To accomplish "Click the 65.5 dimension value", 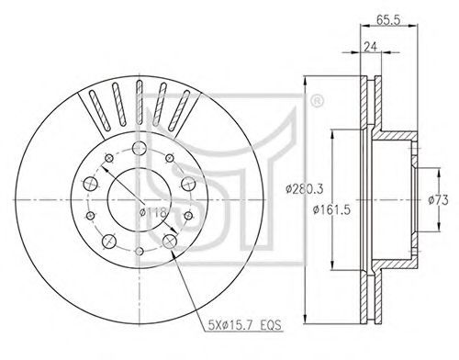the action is (x=388, y=20).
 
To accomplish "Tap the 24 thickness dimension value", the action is (x=370, y=47).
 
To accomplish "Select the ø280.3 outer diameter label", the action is (x=305, y=189).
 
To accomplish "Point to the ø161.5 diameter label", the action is (x=331, y=210).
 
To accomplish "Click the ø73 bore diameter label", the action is (x=438, y=200).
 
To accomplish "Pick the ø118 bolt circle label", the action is (x=152, y=211).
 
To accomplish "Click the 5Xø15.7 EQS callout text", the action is (x=244, y=324).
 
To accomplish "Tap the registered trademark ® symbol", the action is (x=317, y=101).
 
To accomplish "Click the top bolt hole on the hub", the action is (x=140, y=149).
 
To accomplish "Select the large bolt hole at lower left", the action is (x=109, y=242).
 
